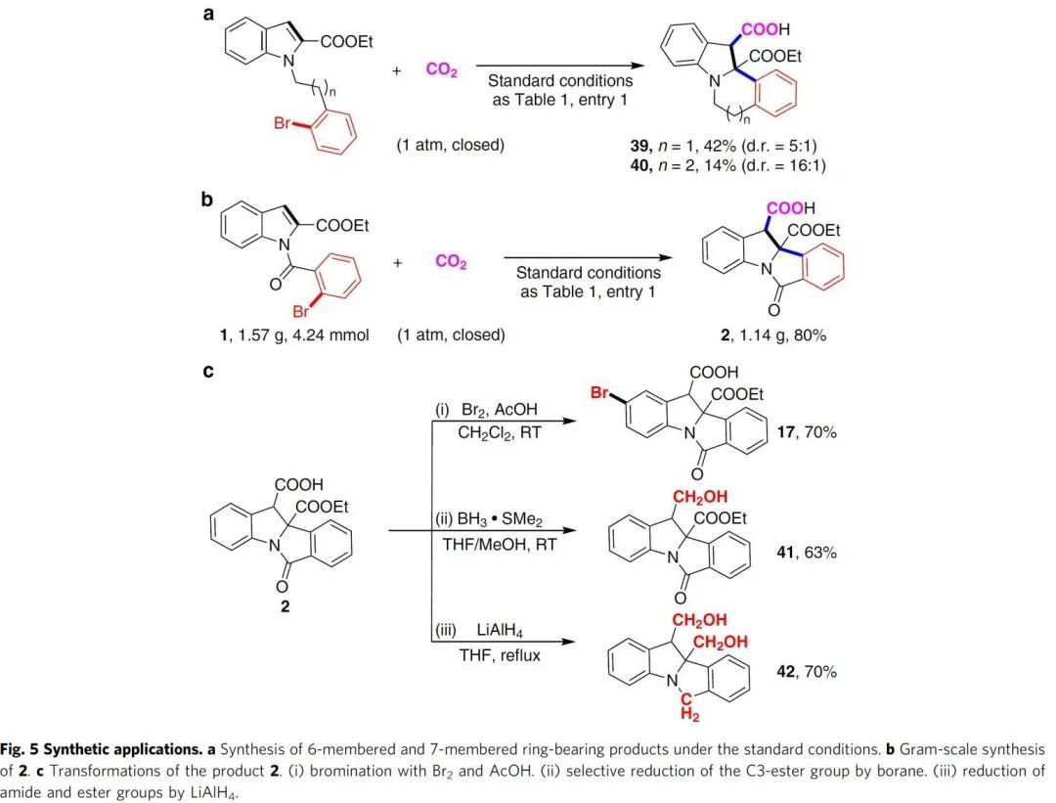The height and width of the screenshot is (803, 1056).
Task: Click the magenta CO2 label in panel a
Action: pyautogui.click(x=441, y=70)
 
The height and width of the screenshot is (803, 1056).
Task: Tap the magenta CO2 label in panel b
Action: pyautogui.click(x=450, y=263)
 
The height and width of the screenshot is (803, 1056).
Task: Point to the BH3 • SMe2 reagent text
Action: pyautogui.click(x=499, y=520)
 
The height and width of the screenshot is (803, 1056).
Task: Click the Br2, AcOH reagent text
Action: pyautogui.click(x=500, y=409)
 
